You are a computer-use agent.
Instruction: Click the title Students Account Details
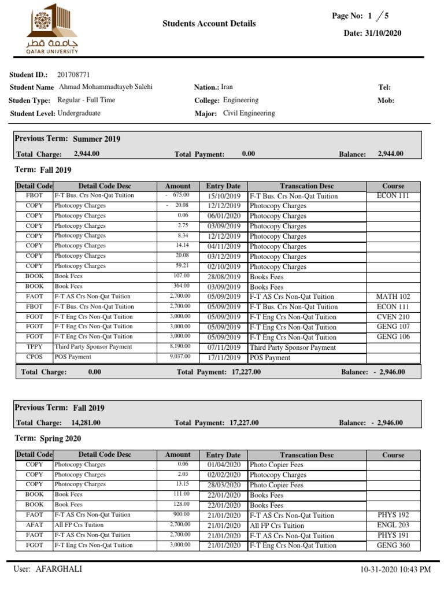point(209,24)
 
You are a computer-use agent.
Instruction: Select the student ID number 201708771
point(73,75)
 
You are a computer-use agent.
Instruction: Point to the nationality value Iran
point(227,87)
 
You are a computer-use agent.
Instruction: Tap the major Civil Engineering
point(249,113)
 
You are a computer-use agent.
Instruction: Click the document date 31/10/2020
point(380,33)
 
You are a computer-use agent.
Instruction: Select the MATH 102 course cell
point(393,297)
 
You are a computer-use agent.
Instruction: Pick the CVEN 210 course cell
point(393,317)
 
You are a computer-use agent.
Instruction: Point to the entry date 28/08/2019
point(224,277)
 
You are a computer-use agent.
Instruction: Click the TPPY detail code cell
point(34,347)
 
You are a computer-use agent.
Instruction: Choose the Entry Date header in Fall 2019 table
point(223,186)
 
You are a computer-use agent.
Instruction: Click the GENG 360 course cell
point(393,545)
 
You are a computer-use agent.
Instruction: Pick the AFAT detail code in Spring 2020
point(34,525)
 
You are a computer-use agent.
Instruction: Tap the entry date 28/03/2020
point(224,485)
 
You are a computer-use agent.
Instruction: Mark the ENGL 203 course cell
point(393,525)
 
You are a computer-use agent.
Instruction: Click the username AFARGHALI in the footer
point(60,569)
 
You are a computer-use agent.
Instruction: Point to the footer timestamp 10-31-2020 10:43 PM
point(395,570)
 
